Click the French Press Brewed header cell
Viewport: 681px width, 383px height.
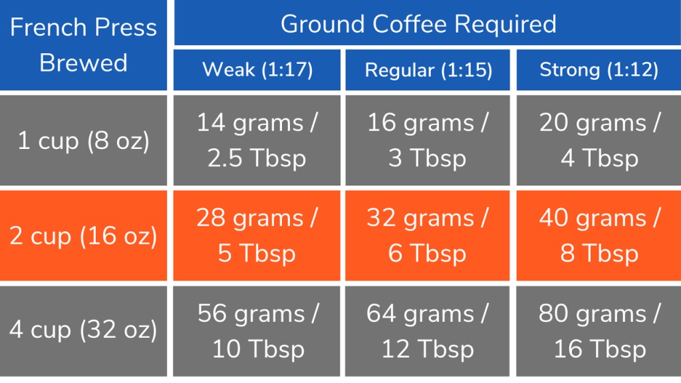[83, 45]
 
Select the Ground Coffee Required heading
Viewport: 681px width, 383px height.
[418, 24]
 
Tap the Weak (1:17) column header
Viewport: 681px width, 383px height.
[257, 69]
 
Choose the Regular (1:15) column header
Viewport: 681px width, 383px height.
[428, 69]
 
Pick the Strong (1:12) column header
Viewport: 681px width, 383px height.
[599, 69]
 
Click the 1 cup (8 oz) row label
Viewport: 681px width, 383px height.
[83, 141]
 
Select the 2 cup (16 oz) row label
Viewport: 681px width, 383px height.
[83, 236]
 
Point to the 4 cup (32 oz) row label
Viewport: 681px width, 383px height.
[83, 331]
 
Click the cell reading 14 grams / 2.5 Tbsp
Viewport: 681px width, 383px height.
[257, 141]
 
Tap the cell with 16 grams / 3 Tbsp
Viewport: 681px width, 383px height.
[428, 141]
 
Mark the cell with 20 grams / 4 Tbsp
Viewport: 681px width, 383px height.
[599, 141]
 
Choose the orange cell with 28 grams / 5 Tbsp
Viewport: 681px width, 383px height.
[257, 236]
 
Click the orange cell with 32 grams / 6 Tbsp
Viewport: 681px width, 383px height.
[428, 236]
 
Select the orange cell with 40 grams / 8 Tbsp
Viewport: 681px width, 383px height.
[599, 236]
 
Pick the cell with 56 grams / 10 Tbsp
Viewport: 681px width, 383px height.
[257, 331]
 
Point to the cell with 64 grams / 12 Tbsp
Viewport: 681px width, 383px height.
[428, 331]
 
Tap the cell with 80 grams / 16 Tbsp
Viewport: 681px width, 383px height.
[599, 331]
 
